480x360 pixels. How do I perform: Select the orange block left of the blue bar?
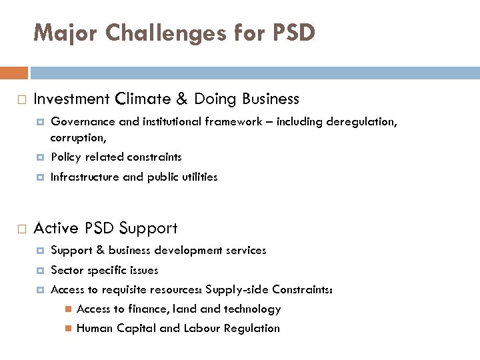(x=14, y=73)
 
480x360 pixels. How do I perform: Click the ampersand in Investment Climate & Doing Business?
(x=182, y=99)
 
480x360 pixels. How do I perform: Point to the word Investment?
(x=71, y=99)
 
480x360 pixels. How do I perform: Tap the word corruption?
(x=77, y=138)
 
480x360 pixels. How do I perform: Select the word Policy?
(x=65, y=157)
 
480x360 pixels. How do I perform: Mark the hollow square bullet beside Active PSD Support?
(x=21, y=229)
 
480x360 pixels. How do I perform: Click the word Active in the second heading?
(x=55, y=229)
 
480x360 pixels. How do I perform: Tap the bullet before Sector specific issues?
(x=41, y=271)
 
